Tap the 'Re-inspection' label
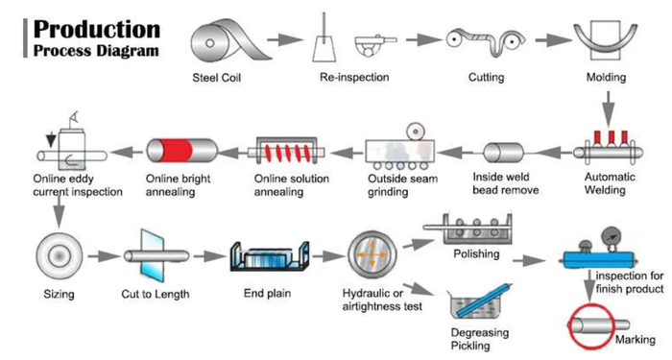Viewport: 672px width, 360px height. (x=354, y=77)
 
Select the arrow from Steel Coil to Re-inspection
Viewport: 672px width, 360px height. (x=284, y=40)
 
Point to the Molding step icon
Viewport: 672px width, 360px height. (x=606, y=39)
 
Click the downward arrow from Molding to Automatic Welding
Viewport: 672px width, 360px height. (x=608, y=108)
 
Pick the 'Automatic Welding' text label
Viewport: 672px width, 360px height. (x=610, y=183)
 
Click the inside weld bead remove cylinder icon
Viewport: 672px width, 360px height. (x=504, y=153)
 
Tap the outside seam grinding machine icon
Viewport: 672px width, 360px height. (x=400, y=147)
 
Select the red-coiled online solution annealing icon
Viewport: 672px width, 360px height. (x=286, y=152)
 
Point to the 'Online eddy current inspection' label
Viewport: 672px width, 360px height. (x=78, y=185)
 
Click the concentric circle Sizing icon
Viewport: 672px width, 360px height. (x=60, y=256)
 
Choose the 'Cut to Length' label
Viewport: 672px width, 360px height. (x=156, y=294)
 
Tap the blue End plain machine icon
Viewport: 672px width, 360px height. (x=270, y=256)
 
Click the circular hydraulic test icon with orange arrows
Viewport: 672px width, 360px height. (x=372, y=255)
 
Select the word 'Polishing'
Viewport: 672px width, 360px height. (x=476, y=253)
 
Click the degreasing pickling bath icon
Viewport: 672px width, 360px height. (x=480, y=301)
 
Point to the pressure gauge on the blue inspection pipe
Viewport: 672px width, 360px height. (x=612, y=237)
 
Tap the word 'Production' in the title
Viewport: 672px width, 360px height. (x=97, y=29)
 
